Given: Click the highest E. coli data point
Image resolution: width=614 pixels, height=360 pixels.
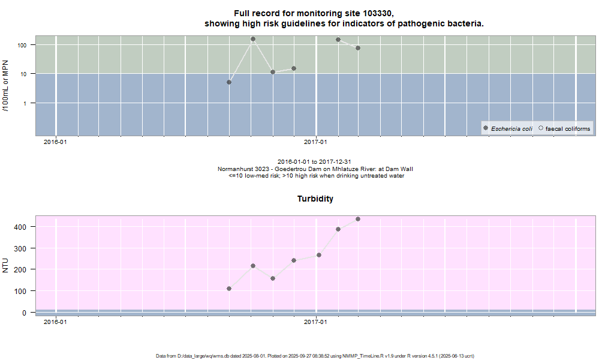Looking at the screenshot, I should (253, 39).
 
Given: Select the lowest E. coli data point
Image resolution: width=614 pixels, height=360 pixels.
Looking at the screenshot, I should (229, 82).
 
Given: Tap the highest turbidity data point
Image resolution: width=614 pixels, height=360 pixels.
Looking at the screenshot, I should (358, 219).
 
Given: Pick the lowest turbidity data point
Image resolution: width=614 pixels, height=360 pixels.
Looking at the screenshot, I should (229, 289).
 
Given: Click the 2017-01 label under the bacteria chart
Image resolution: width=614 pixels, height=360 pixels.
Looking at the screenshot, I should (315, 142).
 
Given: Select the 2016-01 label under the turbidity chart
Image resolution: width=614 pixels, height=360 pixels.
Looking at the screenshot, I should (55, 322).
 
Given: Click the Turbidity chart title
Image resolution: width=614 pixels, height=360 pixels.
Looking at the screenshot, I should (315, 199).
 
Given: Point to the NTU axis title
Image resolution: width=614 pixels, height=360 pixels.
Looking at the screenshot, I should (6, 265).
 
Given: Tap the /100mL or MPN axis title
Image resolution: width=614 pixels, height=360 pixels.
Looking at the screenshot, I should (5, 84).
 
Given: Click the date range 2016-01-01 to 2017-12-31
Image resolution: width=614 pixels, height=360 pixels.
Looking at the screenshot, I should (315, 162).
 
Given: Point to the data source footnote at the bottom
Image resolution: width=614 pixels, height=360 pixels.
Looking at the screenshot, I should (315, 356).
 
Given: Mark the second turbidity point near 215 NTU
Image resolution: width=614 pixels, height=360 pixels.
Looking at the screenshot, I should (253, 266).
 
